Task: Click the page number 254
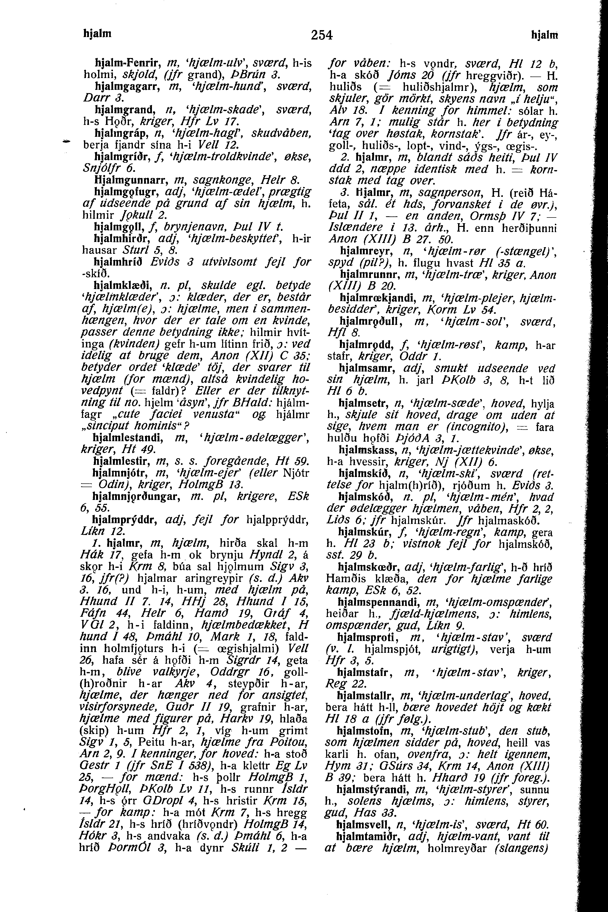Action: tap(322, 35)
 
